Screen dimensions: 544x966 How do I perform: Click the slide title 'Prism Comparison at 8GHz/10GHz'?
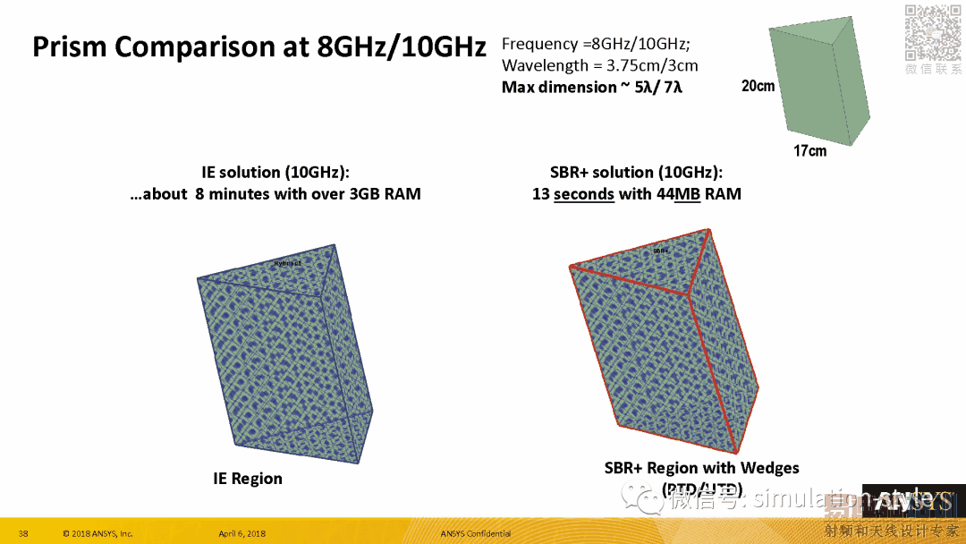tap(258, 47)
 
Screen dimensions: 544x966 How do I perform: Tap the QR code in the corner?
tap(933, 32)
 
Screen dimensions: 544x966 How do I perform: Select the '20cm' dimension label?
tap(758, 87)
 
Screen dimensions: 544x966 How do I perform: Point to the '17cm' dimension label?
tap(809, 151)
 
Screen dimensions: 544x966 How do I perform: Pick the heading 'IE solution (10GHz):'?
tap(275, 173)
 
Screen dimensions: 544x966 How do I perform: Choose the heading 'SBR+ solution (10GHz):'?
tap(636, 173)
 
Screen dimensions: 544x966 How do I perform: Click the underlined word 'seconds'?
tap(583, 193)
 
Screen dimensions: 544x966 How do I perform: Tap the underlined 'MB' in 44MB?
tap(687, 193)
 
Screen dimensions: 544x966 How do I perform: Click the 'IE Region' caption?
tap(248, 479)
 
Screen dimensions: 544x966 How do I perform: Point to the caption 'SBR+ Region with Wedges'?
tap(701, 468)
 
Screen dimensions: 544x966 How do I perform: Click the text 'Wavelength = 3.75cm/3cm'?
tap(599, 65)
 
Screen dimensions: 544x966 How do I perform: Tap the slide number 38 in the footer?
tap(24, 534)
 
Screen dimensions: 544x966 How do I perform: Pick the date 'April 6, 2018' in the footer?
tap(241, 534)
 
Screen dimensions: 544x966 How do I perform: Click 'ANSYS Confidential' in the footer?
tap(476, 534)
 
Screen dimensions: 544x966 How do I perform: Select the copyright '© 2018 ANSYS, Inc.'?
tap(97, 534)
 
